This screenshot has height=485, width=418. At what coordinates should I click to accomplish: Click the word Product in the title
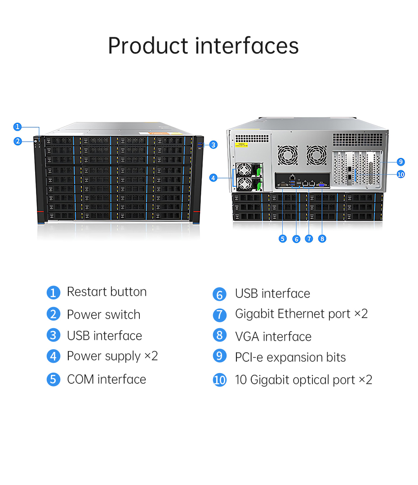coord(148,46)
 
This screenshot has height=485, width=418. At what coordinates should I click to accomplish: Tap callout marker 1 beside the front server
coord(17,127)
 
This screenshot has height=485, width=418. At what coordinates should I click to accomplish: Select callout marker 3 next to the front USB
coord(213,144)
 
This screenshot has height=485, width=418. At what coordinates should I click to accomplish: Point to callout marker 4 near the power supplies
coord(213,178)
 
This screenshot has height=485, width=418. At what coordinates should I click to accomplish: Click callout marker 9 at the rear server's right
coord(401,162)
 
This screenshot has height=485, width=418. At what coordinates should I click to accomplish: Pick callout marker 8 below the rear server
coord(322,239)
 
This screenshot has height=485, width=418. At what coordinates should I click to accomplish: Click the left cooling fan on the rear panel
coord(288,155)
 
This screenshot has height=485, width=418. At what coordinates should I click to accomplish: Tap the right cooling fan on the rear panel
coord(316,155)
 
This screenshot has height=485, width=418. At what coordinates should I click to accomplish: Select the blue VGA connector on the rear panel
coord(322,183)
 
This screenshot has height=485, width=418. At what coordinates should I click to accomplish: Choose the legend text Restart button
coord(107,292)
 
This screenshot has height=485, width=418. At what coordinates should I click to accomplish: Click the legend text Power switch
coord(103,315)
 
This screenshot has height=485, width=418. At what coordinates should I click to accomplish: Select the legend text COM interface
coord(107,379)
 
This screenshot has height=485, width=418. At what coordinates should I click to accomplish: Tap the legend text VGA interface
coord(273,336)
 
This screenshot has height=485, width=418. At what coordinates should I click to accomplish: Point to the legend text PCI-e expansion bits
coord(290,357)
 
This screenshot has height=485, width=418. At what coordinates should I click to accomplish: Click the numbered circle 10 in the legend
coord(219,380)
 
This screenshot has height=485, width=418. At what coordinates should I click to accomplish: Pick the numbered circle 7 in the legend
coord(219,315)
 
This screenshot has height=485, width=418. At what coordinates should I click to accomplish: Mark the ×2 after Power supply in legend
coord(151,356)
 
